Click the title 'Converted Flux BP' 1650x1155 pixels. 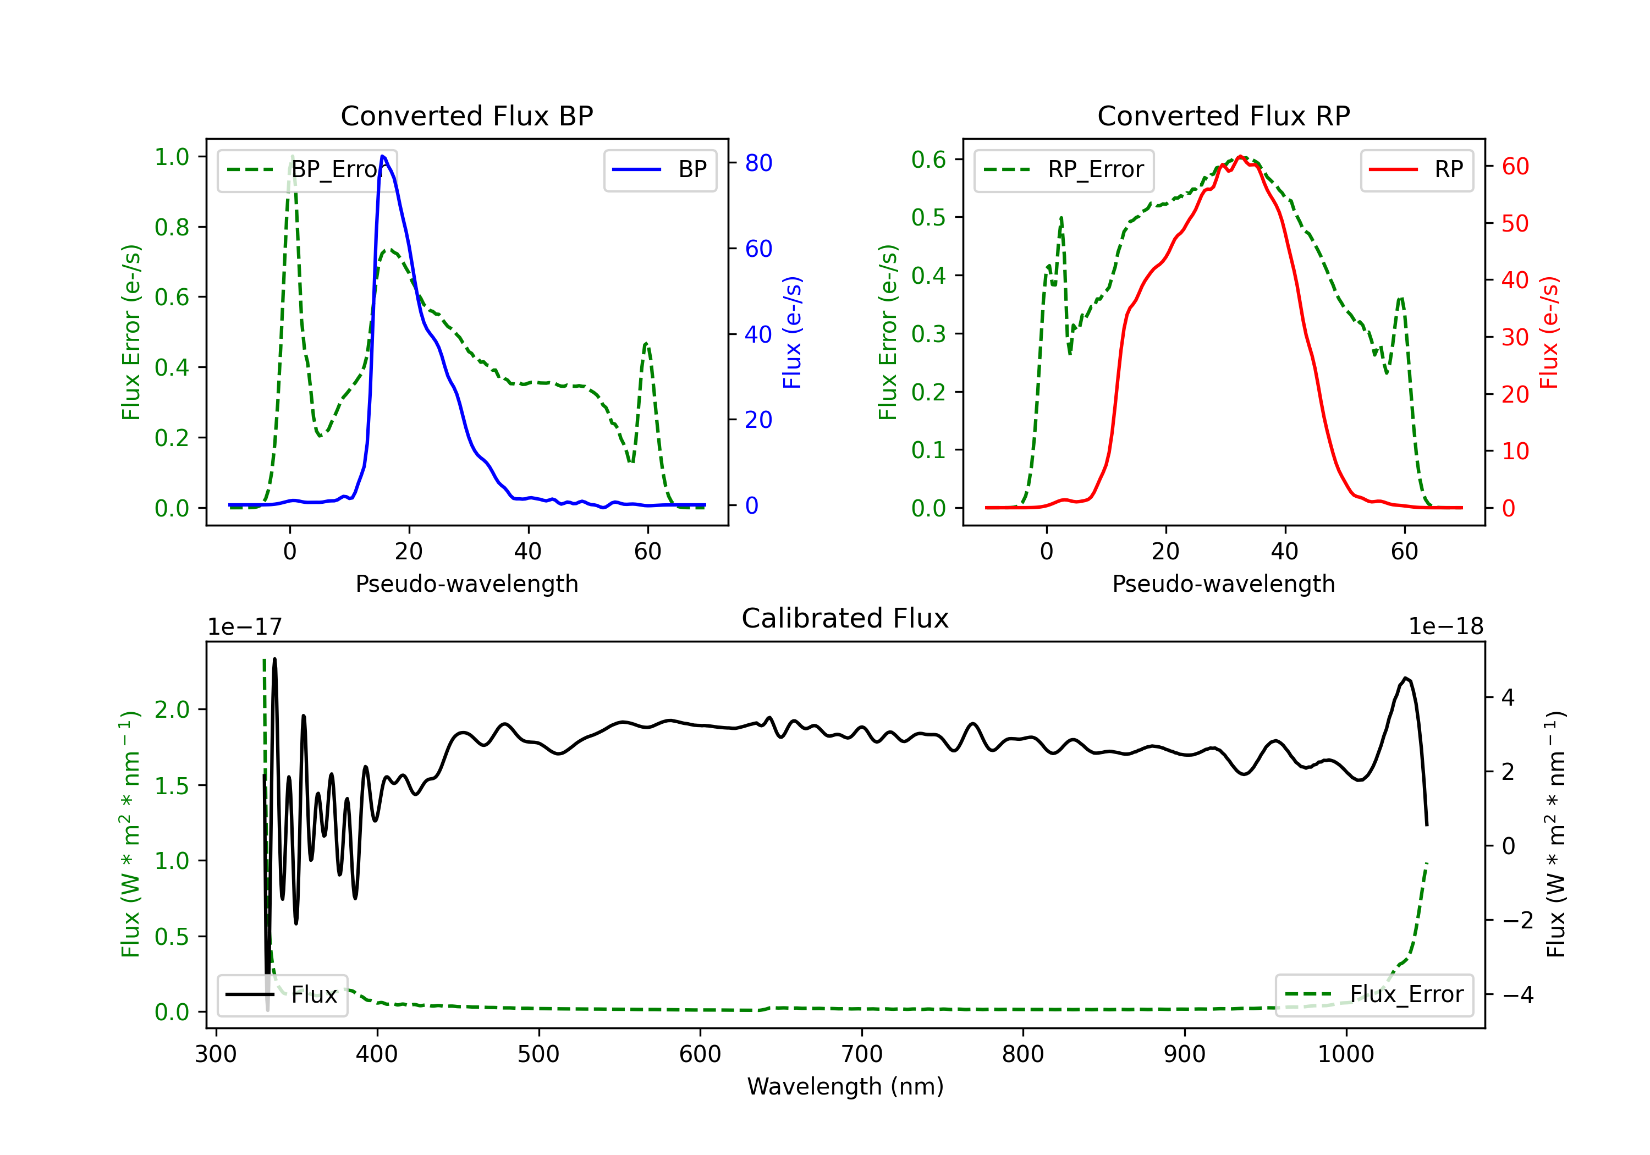pos(466,116)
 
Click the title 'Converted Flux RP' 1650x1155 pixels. pos(1223,116)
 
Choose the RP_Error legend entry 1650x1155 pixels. pos(1064,169)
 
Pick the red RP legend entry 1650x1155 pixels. pos(1416,169)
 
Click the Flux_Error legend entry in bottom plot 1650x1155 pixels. pos(1374,995)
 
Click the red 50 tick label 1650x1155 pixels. pos(1515,223)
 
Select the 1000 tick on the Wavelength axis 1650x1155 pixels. pos(1345,1054)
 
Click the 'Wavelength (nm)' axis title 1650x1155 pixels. pos(845,1086)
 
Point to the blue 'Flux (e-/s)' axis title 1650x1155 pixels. pos(792,332)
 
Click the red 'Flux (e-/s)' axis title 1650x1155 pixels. pos(1549,332)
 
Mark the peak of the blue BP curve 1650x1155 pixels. pos(382,156)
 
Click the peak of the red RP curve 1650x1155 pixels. pos(1240,156)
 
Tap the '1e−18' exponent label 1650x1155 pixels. pos(1445,627)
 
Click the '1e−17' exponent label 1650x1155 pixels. pos(244,627)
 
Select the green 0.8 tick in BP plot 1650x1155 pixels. pos(171,227)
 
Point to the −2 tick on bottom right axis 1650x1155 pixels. pos(1517,920)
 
